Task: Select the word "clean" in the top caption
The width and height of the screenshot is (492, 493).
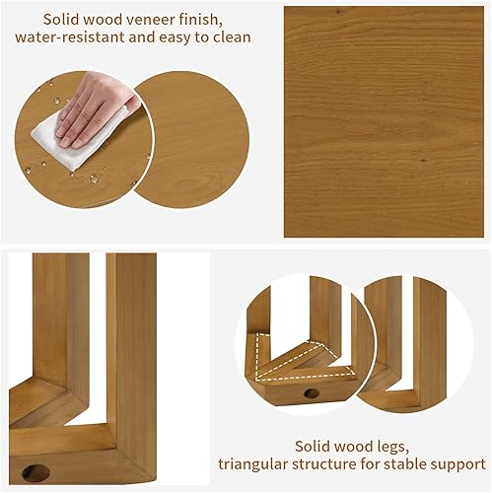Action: [226, 37]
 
